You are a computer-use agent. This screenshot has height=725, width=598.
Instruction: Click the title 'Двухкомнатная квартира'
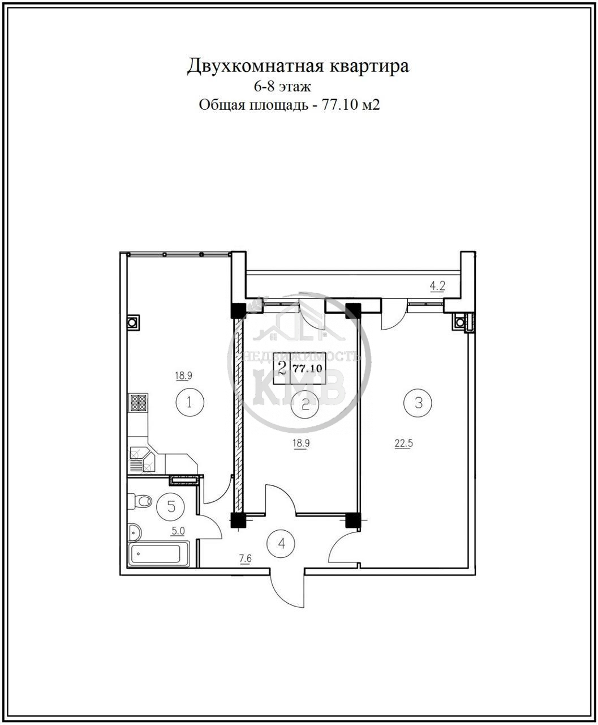[298, 66]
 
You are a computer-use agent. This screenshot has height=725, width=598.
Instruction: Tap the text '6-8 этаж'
[282, 87]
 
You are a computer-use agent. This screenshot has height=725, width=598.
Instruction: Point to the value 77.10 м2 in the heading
[351, 105]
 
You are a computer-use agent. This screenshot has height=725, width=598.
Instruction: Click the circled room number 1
[190, 403]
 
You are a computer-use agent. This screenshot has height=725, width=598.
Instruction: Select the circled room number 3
[418, 403]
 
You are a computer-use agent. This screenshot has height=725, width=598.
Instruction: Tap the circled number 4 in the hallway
[282, 543]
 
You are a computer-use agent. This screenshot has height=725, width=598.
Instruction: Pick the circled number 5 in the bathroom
[171, 506]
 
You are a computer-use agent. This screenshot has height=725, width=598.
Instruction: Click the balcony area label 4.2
[437, 287]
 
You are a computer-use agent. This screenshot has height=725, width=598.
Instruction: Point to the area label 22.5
[404, 443]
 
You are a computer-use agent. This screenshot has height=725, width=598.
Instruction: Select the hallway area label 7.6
[245, 558]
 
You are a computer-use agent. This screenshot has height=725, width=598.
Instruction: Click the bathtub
[159, 554]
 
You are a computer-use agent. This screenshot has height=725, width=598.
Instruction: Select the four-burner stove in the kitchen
[139, 403]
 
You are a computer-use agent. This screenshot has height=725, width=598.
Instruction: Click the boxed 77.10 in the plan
[308, 368]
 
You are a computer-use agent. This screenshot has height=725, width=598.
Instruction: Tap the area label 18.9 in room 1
[184, 376]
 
